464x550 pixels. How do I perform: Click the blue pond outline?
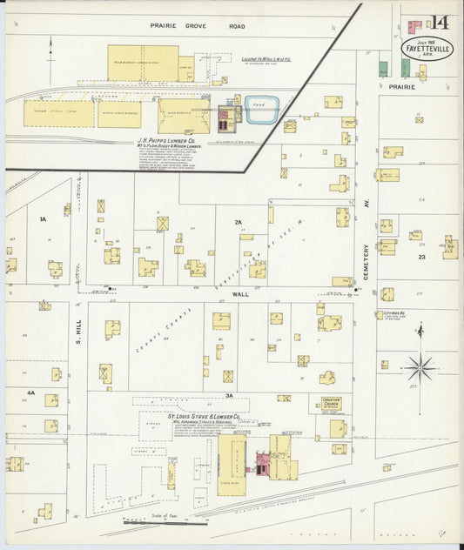click(x=261, y=111)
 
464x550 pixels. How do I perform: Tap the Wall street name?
click(x=240, y=294)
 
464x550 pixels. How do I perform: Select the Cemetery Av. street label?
click(x=366, y=261)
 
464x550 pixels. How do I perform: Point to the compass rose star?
click(x=420, y=367)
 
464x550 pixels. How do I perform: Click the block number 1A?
click(x=42, y=219)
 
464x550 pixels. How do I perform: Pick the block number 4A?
click(x=30, y=393)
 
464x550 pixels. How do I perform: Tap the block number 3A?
click(x=229, y=396)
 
